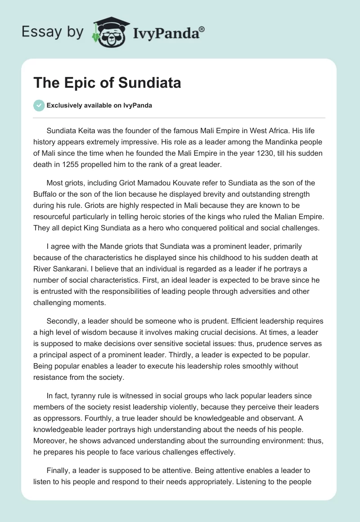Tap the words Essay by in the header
52,32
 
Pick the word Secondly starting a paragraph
63,321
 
